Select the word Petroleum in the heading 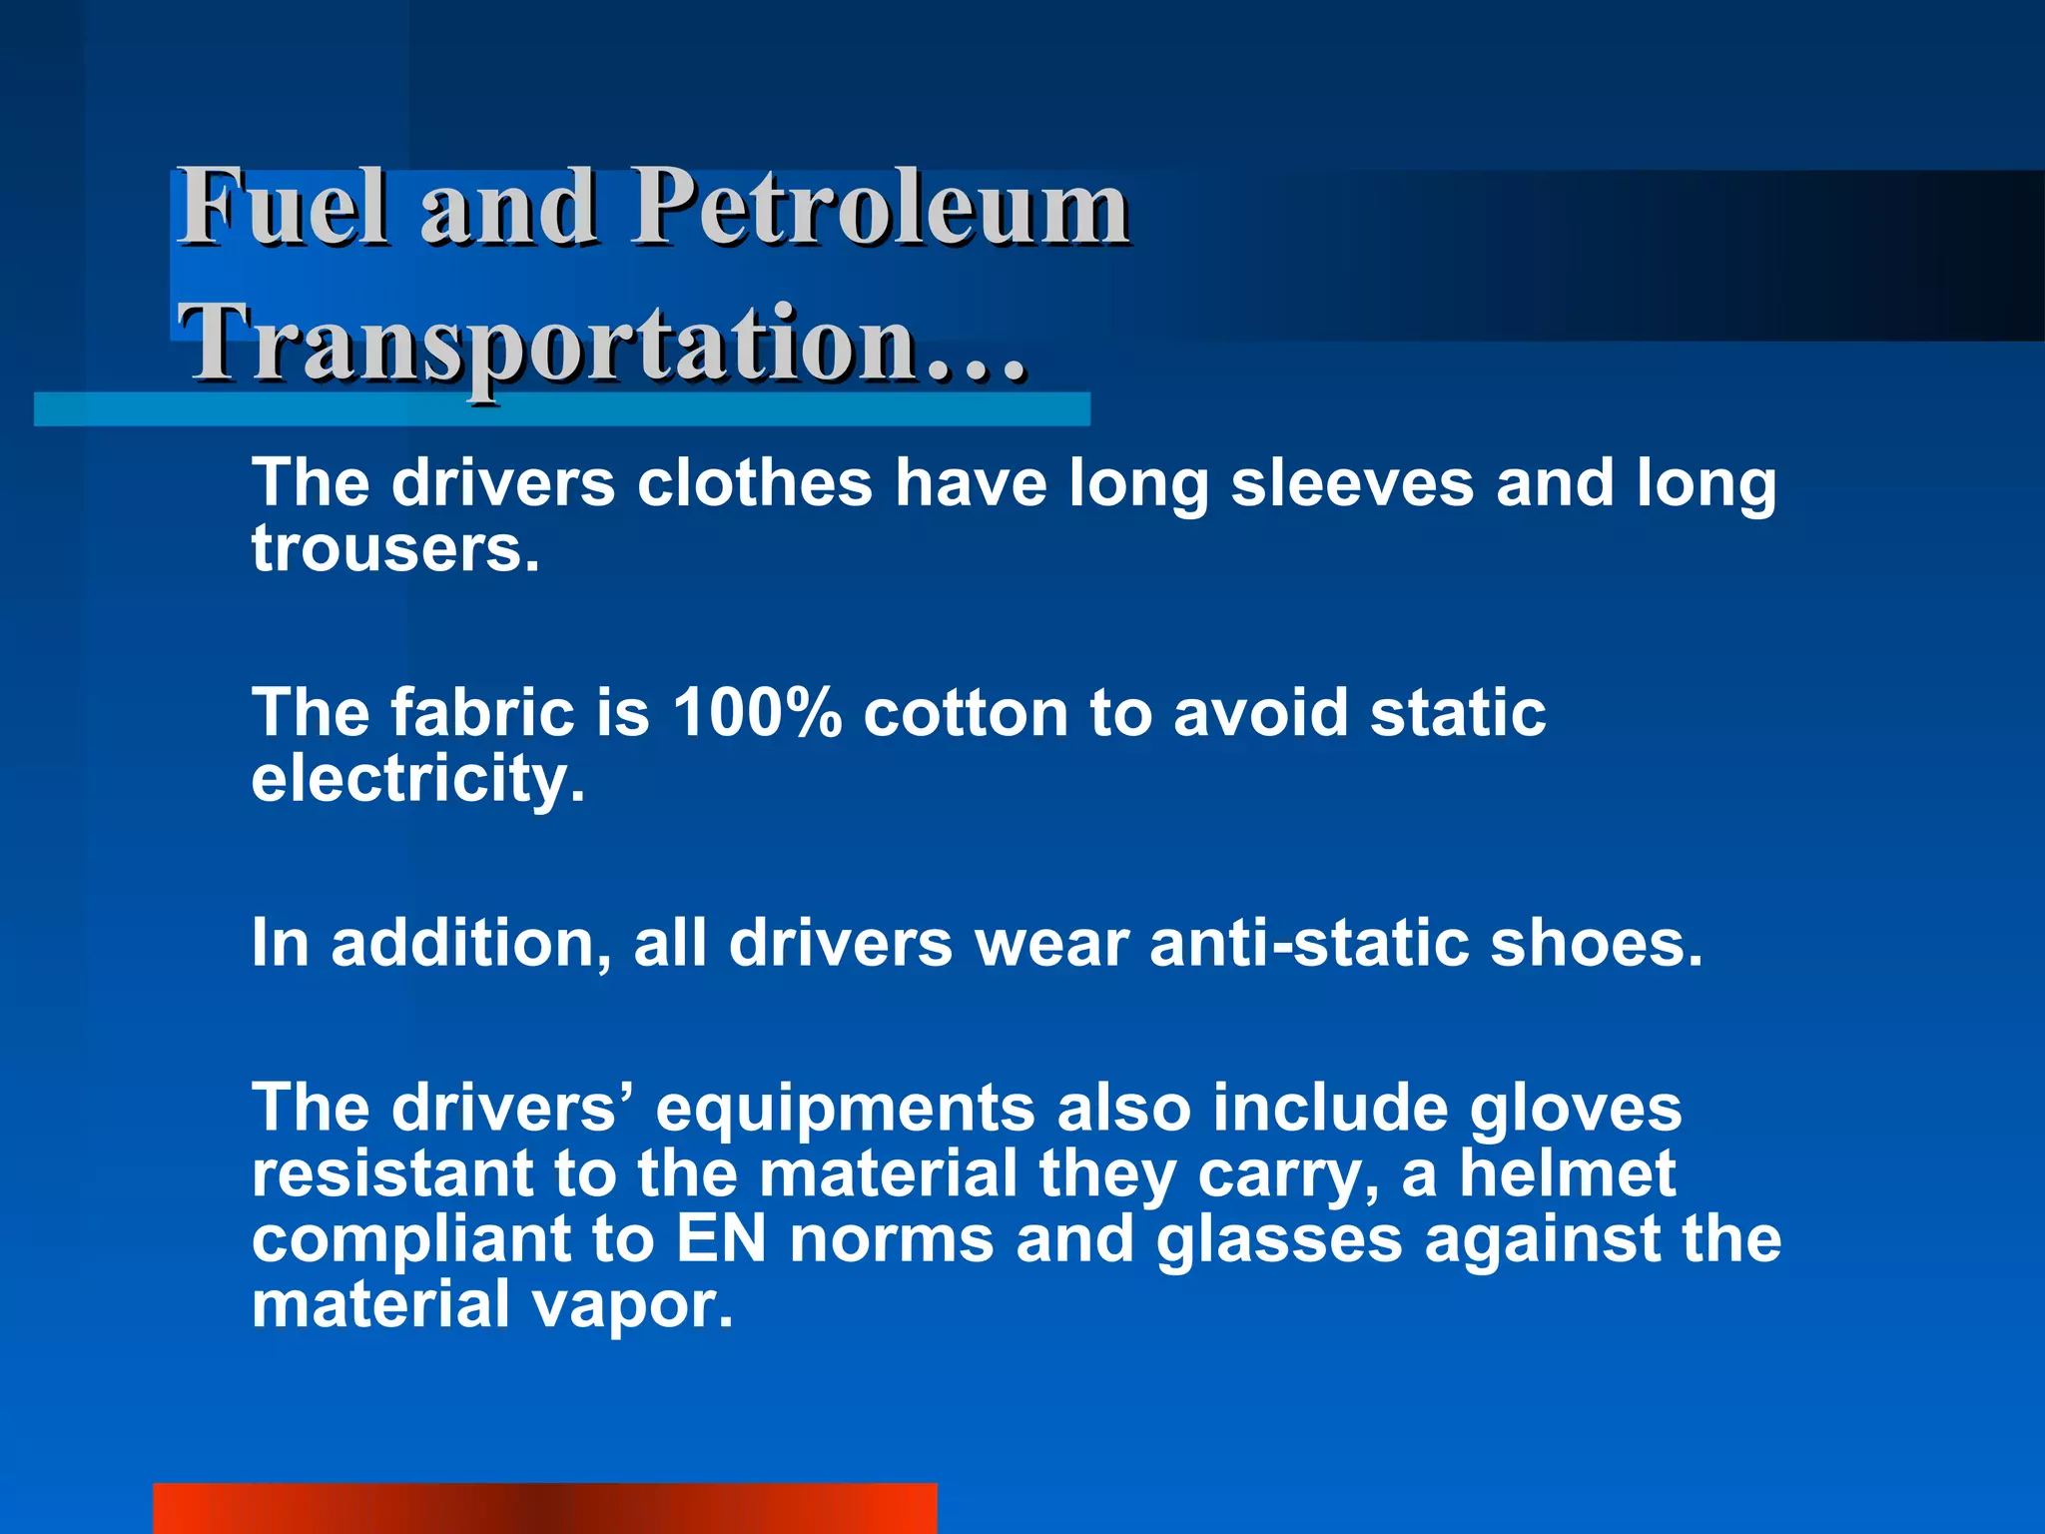(x=881, y=207)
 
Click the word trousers (x=394, y=550)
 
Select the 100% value (x=756, y=713)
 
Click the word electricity (x=416, y=779)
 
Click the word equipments (x=845, y=1109)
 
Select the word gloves (x=1575, y=1109)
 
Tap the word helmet (x=1567, y=1173)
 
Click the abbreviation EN (x=721, y=1239)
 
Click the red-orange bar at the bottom (x=544, y=1508)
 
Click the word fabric (x=481, y=713)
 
